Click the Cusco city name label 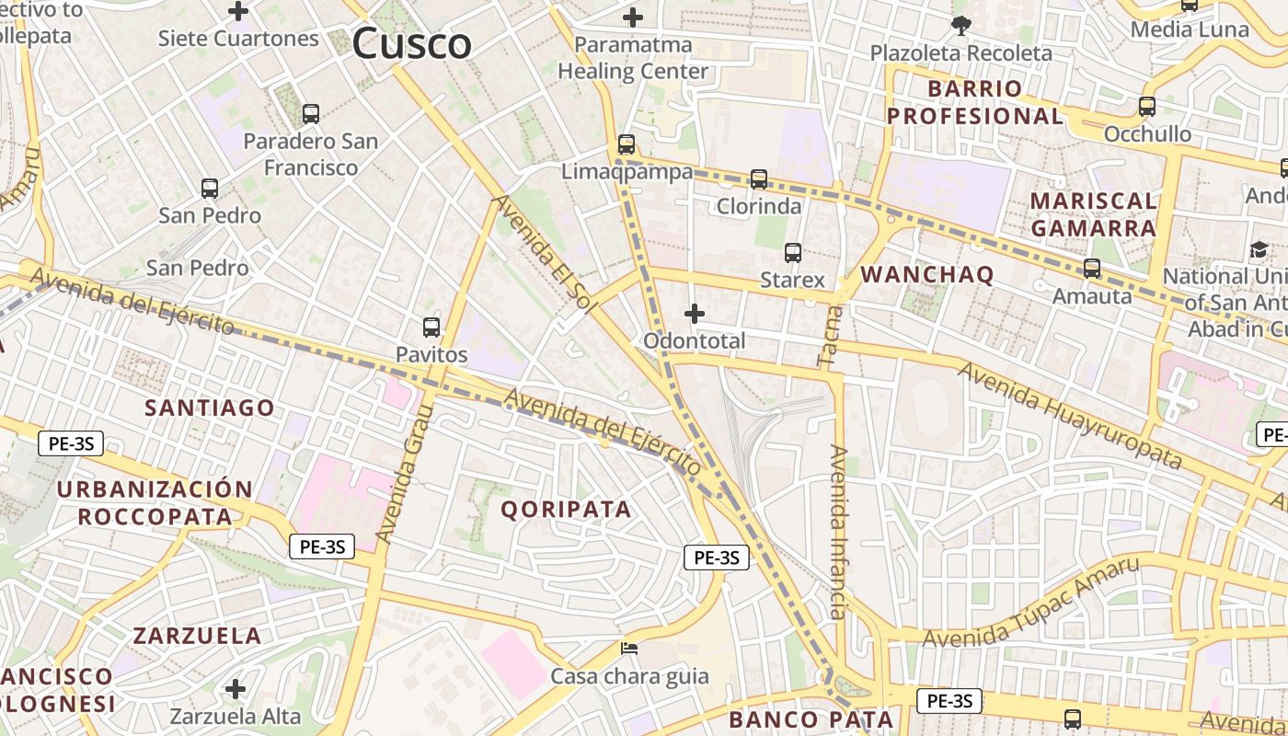coord(411,43)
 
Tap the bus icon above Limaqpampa coord(627,144)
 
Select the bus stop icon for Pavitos coord(431,327)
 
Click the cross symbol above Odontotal coord(695,315)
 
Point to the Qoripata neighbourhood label coord(566,509)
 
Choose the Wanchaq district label coord(926,274)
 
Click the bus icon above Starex coord(793,252)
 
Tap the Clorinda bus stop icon coord(759,179)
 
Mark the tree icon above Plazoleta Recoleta coord(961,26)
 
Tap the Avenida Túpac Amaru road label coord(1030,603)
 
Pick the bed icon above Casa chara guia coord(629,649)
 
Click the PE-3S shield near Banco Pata coord(949,701)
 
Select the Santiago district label coord(210,408)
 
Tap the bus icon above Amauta coord(1092,269)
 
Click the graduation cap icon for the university coord(1258,249)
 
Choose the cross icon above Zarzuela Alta coord(236,689)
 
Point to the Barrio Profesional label coord(975,102)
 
